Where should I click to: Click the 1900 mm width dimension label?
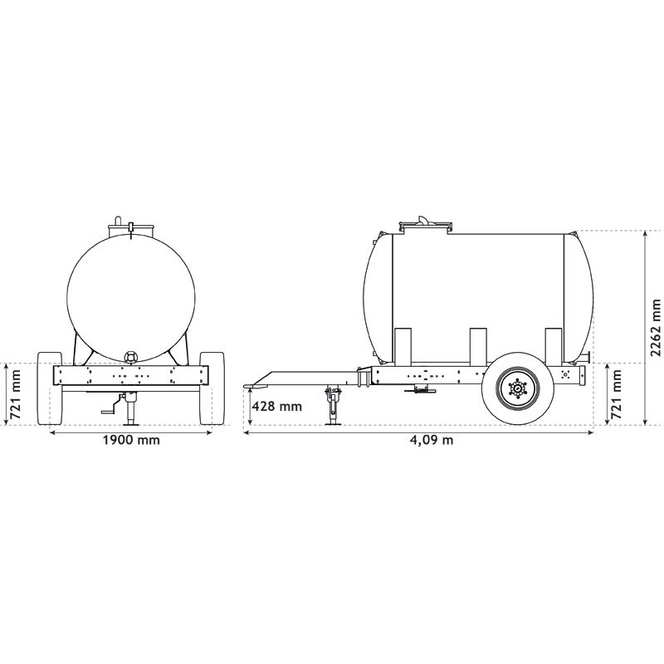pyautogui.click(x=131, y=440)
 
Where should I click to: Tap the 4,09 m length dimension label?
pyautogui.click(x=432, y=441)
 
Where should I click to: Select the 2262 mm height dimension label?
pyautogui.click(x=656, y=328)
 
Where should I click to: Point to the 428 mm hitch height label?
pyautogui.click(x=277, y=407)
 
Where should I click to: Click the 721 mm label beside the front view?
pyautogui.click(x=15, y=394)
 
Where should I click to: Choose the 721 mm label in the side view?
pyautogui.click(x=617, y=394)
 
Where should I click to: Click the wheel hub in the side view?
pyautogui.click(x=517, y=388)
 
